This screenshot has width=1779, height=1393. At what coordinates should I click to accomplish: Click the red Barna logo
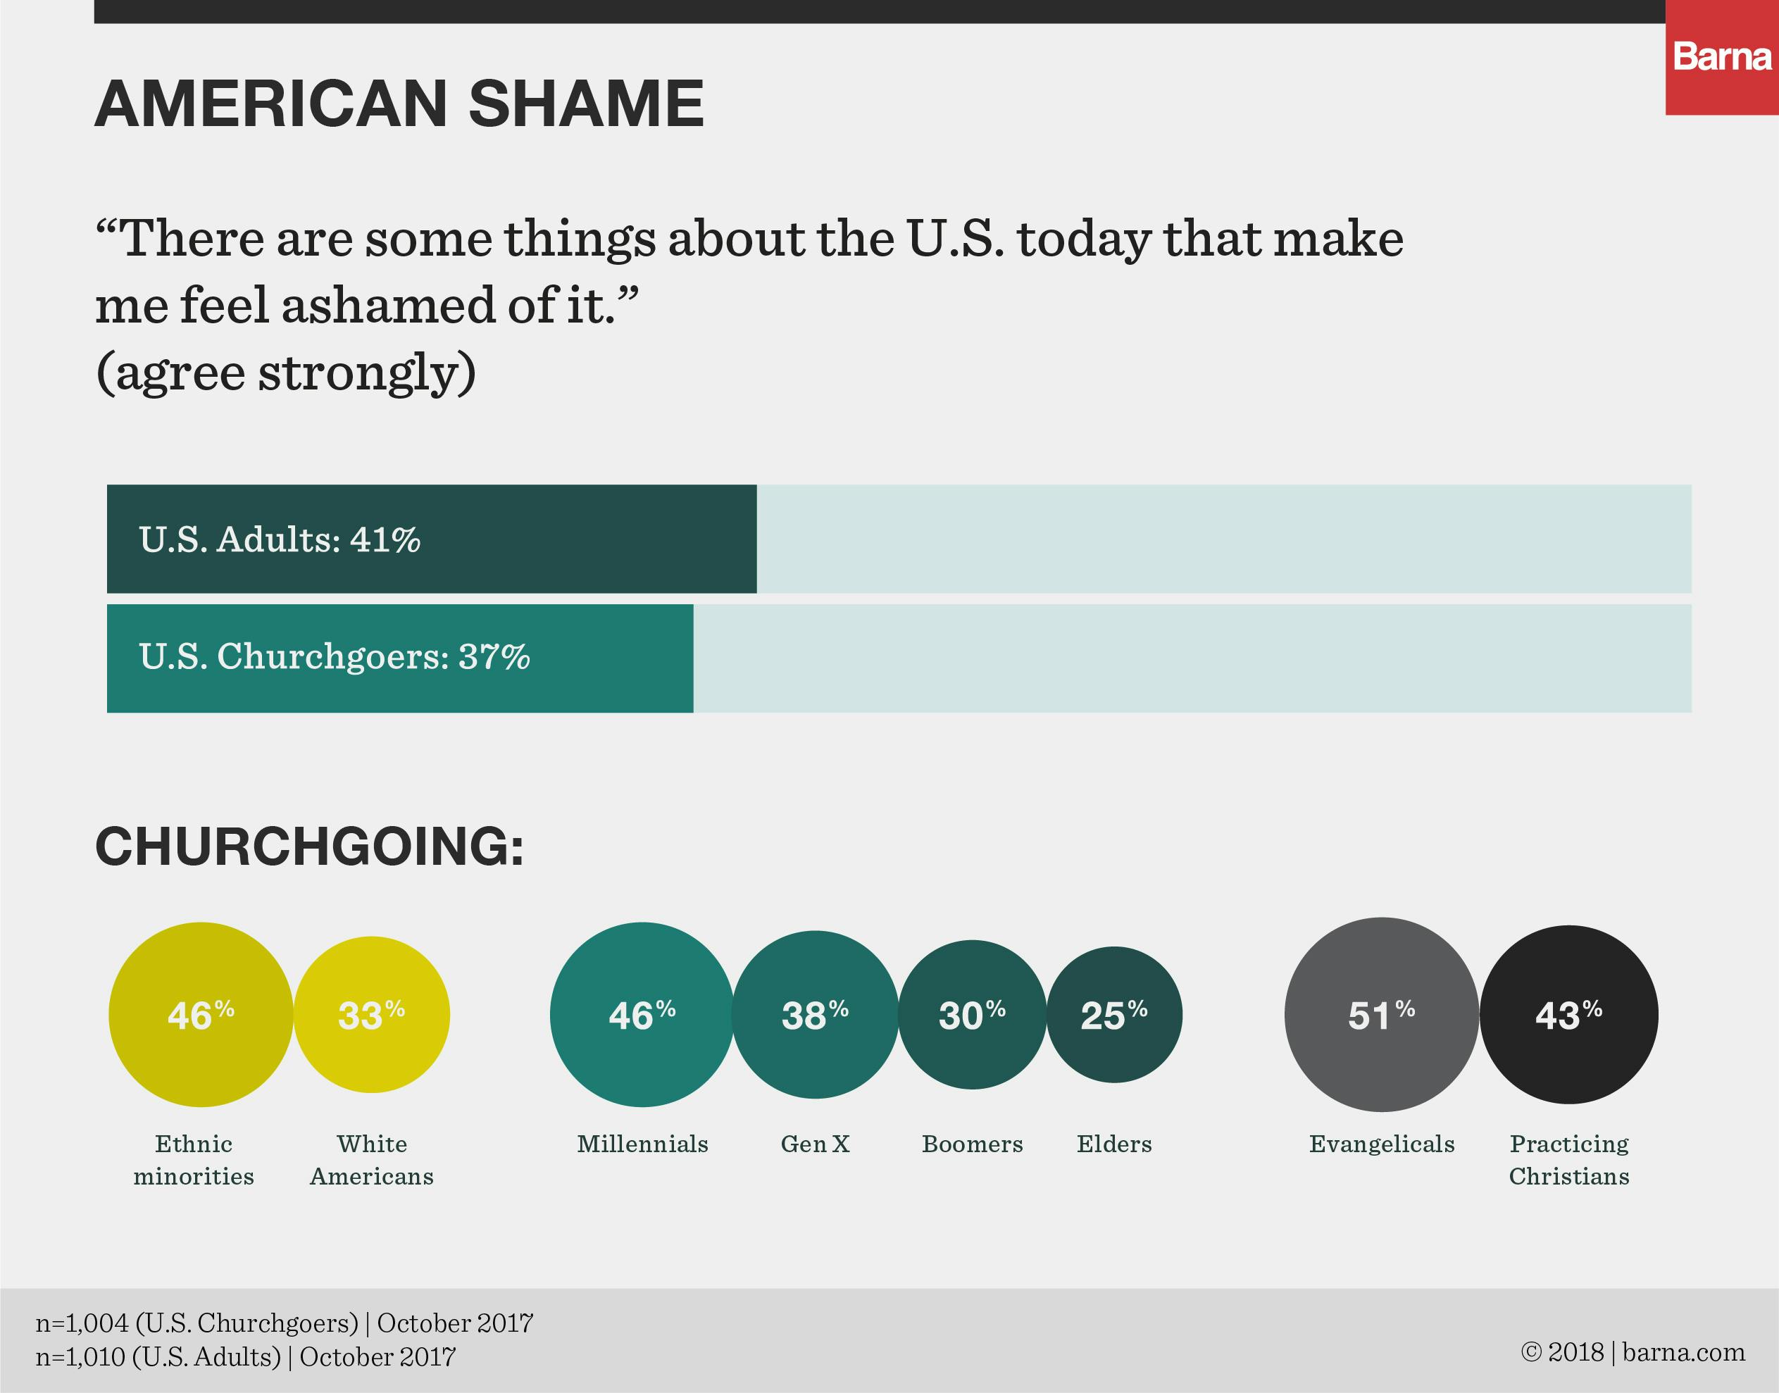(x=1722, y=58)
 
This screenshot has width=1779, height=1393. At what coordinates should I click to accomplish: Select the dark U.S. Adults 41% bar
(x=432, y=539)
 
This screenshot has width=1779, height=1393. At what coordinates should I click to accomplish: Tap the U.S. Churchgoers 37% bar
(x=400, y=658)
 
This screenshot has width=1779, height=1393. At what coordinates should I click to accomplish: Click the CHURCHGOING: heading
(x=309, y=846)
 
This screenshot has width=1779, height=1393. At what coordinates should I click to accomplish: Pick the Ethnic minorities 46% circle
(x=201, y=1015)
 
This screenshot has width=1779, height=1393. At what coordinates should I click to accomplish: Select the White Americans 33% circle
(x=371, y=1015)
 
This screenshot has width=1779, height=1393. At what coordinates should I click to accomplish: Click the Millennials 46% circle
(x=642, y=1015)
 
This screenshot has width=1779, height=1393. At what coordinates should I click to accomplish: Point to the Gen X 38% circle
(x=815, y=1015)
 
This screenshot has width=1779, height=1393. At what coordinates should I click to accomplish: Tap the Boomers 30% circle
(x=971, y=1015)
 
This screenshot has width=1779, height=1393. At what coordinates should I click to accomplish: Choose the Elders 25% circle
(x=1114, y=1015)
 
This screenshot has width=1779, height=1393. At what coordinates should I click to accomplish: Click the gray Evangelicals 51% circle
(x=1381, y=1015)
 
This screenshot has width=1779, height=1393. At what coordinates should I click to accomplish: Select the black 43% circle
(x=1568, y=1015)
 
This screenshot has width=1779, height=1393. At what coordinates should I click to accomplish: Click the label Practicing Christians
(x=1568, y=1160)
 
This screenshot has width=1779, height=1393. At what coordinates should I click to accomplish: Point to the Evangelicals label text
(x=1382, y=1144)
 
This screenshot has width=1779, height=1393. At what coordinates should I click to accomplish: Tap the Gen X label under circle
(x=815, y=1144)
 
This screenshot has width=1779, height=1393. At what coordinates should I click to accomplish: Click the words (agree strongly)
(x=285, y=373)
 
